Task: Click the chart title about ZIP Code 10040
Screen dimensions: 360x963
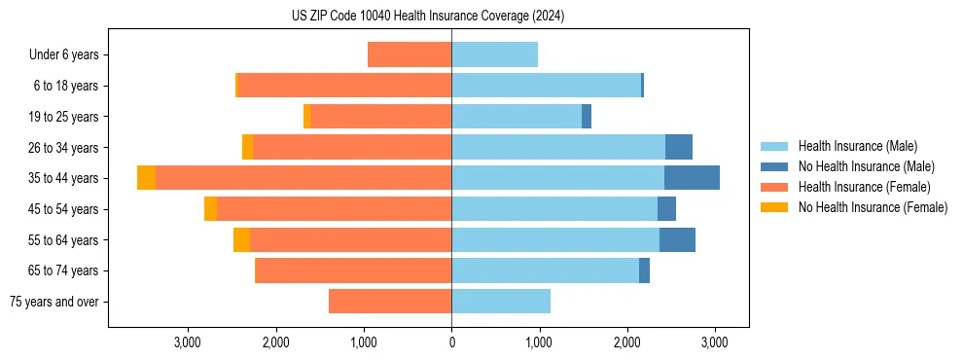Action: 428,17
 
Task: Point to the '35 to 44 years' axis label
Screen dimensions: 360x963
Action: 64,178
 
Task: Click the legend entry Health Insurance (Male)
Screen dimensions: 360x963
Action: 856,146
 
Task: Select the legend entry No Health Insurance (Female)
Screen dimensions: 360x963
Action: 872,207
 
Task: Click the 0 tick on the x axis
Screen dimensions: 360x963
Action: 451,342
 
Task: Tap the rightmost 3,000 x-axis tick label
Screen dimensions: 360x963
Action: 715,342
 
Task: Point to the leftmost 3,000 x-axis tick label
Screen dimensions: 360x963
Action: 187,342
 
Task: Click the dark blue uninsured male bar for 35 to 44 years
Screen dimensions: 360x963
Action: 692,178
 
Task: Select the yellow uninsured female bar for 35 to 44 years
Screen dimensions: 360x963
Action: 146,178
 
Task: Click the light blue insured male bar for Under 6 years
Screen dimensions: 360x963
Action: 494,55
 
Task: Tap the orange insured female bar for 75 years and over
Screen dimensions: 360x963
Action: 390,302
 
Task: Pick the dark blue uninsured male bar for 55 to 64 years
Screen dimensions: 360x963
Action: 677,240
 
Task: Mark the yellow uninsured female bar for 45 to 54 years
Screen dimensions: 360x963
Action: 210,209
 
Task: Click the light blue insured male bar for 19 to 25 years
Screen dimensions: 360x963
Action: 517,117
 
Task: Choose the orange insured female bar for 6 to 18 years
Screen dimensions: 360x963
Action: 344,86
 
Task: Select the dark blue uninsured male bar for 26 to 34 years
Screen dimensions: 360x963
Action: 679,148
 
